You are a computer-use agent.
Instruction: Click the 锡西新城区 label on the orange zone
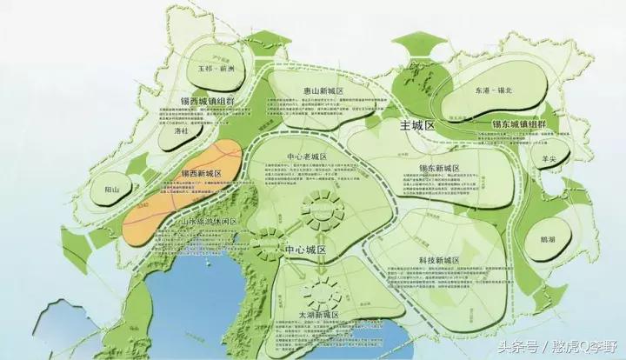201,174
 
